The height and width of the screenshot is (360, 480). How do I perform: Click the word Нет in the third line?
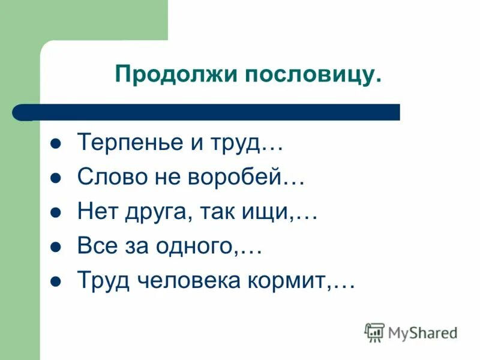coord(94,212)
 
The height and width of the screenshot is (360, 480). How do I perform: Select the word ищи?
coord(266,212)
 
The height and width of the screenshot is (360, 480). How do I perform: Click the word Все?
coord(93,247)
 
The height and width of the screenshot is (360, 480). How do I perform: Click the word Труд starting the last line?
coord(98,281)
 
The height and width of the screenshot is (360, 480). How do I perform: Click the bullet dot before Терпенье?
coord(56,145)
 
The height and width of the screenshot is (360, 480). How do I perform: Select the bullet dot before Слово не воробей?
coord(56,179)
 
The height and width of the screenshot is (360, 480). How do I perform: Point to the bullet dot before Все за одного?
coord(56,248)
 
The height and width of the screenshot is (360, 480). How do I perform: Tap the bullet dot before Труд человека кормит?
coord(56,282)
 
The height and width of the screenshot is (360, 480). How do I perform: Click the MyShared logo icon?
coord(374,332)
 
